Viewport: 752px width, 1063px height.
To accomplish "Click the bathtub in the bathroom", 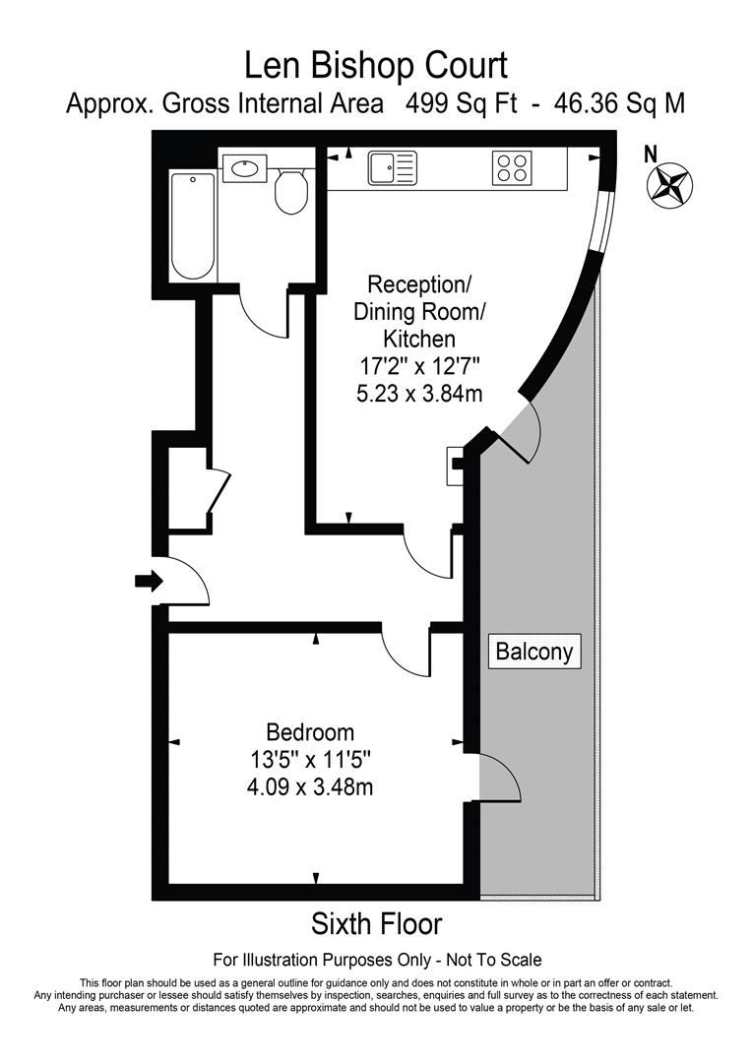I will (x=192, y=225).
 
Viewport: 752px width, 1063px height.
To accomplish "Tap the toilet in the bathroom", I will (x=291, y=191).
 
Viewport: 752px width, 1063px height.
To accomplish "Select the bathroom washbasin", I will (x=243, y=168).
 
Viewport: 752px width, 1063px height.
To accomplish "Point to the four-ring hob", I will (x=511, y=167).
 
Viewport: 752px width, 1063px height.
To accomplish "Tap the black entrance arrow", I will (x=149, y=581).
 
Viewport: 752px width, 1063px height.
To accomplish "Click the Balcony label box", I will (x=533, y=651).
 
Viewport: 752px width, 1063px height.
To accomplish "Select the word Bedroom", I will (x=310, y=732).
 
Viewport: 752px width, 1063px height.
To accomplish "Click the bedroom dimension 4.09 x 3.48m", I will (x=310, y=786).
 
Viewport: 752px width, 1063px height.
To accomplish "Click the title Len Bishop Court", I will (x=376, y=66).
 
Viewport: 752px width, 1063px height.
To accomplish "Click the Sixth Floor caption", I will (x=376, y=924).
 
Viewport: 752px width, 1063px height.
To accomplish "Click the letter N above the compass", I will (x=649, y=154).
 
